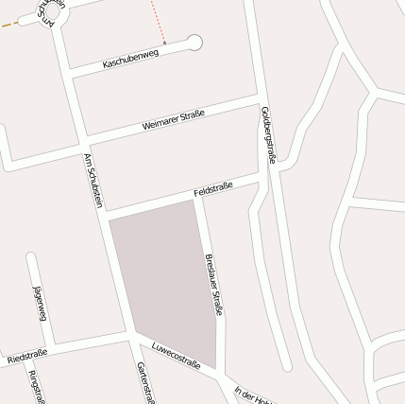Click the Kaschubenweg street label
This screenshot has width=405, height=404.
(131, 58)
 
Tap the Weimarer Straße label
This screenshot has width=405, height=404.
(173, 121)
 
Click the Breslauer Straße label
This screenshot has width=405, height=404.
(213, 284)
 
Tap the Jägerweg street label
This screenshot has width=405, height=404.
(41, 303)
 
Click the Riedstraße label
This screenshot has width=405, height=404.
(26, 359)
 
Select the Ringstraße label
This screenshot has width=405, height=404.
(36, 386)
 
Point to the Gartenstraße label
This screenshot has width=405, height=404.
(145, 382)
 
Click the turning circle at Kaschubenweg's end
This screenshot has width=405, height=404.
(194, 42)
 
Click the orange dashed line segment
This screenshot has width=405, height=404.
(9, 24)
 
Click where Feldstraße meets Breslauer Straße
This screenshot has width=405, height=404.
(198, 198)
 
